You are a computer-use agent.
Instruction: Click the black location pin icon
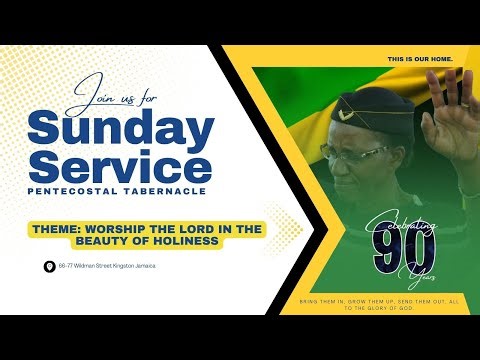(49, 267)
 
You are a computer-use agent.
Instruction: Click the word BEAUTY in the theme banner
(123, 242)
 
